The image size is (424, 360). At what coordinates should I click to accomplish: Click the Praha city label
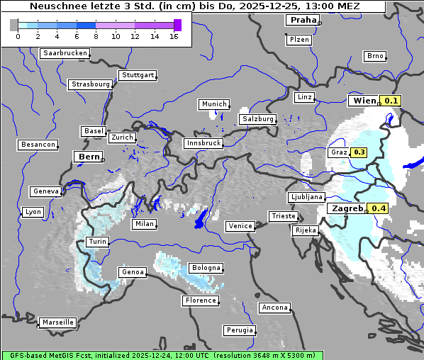pyautogui.click(x=303, y=20)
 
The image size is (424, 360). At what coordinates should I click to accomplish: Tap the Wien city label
pyautogui.click(x=364, y=101)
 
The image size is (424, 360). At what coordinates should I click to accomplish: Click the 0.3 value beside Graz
pyautogui.click(x=359, y=152)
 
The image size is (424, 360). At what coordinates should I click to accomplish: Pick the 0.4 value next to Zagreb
pyautogui.click(x=379, y=208)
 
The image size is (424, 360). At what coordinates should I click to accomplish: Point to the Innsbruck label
pyautogui.click(x=203, y=143)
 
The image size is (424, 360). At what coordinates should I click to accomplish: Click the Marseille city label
pyautogui.click(x=58, y=322)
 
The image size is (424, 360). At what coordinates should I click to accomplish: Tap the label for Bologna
pyautogui.click(x=206, y=268)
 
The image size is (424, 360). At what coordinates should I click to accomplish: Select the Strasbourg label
pyautogui.click(x=91, y=84)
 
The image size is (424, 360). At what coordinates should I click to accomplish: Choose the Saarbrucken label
pyautogui.click(x=65, y=53)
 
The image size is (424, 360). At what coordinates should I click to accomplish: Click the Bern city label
pyautogui.click(x=89, y=157)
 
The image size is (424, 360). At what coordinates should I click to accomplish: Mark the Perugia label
pyautogui.click(x=240, y=330)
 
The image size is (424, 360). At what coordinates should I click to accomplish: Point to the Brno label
pyautogui.click(x=375, y=56)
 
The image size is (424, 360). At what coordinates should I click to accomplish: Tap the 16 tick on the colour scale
pyautogui.click(x=174, y=36)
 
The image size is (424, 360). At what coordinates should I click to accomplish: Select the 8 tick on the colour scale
pyautogui.click(x=96, y=36)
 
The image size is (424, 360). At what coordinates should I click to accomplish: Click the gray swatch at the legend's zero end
pyautogui.click(x=14, y=25)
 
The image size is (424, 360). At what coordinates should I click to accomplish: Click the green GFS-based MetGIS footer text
pyautogui.click(x=162, y=355)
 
